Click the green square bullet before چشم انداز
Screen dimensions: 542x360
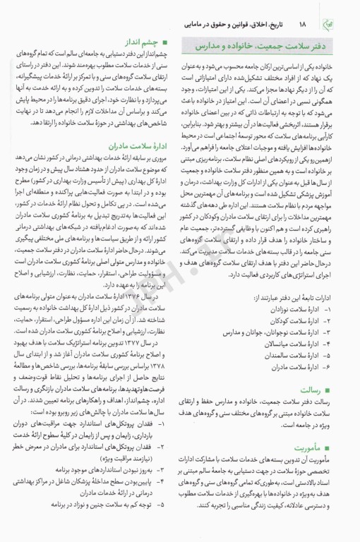[164, 42]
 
